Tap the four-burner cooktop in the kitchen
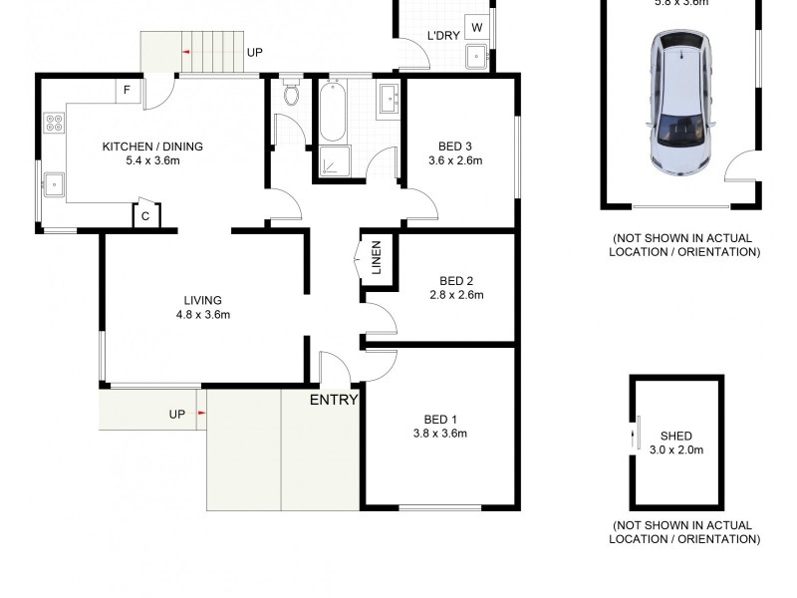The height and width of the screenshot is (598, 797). click(54, 125)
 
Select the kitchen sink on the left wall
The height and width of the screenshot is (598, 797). click(54, 183)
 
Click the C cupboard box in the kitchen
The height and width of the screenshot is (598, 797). click(145, 216)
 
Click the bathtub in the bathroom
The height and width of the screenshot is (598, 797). click(332, 113)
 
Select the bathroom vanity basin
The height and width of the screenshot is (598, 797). click(389, 99)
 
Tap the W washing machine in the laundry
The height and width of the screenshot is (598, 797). click(477, 28)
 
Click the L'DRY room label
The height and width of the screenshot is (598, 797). click(442, 37)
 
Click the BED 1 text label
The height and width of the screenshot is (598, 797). click(439, 419)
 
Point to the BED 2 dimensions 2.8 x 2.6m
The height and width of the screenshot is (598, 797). click(456, 295)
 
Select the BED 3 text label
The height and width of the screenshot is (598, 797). click(455, 146)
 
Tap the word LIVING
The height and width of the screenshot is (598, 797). click(202, 300)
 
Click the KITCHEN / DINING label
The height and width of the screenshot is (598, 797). click(152, 147)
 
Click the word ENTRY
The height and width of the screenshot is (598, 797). click(334, 400)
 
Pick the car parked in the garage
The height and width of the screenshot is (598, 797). click(682, 100)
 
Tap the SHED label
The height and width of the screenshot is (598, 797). click(675, 437)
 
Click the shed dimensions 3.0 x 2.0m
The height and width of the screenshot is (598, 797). click(675, 450)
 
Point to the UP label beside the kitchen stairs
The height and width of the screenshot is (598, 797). click(254, 52)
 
